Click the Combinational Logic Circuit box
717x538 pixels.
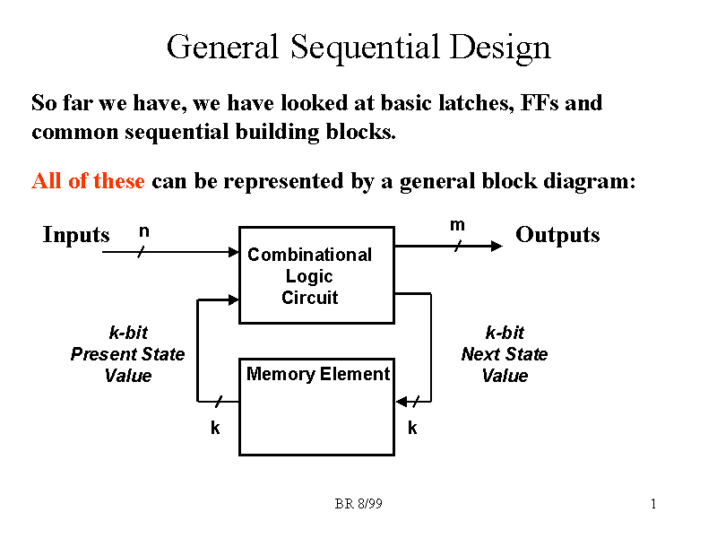pos(315,275)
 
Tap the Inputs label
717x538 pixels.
pos(76,236)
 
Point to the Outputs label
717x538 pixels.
pos(557,236)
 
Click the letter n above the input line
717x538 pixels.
pos(143,231)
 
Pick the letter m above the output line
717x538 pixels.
pos(457,225)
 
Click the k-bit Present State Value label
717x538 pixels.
pos(127,354)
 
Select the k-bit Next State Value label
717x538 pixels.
pos(505,354)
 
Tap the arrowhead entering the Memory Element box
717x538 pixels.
pos(402,401)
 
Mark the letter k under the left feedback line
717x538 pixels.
pos(215,429)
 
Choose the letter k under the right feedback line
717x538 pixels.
pos(412,429)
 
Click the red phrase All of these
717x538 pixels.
pos(88,181)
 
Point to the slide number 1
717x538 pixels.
pos(654,505)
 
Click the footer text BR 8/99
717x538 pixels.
pos(358,505)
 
